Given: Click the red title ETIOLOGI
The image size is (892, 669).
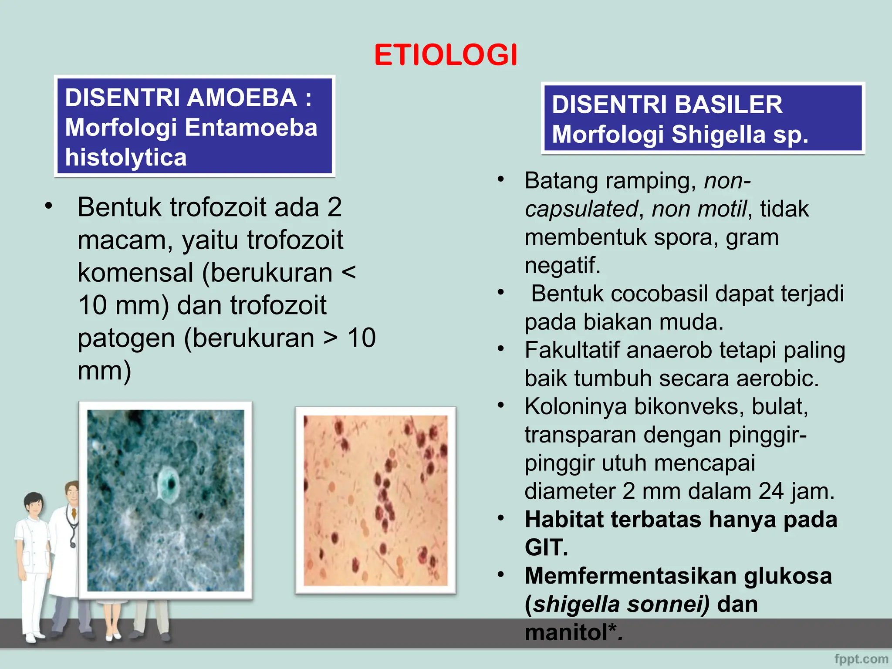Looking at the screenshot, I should [x=446, y=55].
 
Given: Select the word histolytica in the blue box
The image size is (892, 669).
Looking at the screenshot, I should [x=126, y=157].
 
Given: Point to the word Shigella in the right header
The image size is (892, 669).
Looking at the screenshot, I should [x=718, y=134].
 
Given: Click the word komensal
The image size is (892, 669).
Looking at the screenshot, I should [x=135, y=273].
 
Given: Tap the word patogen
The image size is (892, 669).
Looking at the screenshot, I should [x=126, y=338].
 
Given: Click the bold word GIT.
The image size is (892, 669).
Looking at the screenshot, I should [x=546, y=547].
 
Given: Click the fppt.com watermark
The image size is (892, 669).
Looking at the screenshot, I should [x=861, y=659].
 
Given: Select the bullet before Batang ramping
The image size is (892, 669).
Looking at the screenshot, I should [x=501, y=179].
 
